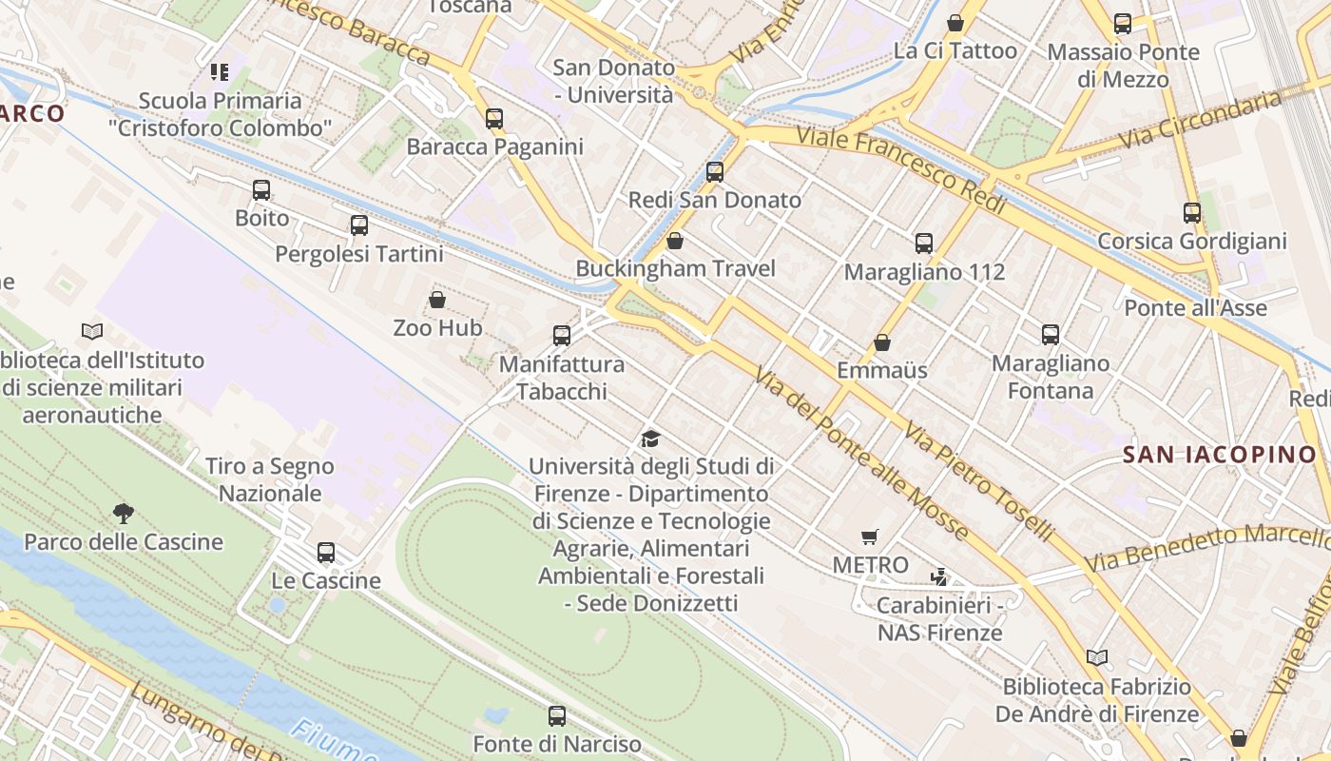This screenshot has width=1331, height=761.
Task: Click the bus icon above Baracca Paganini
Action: click(494, 119)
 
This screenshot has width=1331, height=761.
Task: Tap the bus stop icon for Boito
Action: click(261, 190)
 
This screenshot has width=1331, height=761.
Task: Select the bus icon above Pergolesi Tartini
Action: click(358, 225)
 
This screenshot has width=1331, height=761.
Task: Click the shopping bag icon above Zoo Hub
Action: click(437, 300)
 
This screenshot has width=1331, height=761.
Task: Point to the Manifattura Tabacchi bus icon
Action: click(562, 336)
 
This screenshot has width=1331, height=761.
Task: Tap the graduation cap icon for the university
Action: click(650, 439)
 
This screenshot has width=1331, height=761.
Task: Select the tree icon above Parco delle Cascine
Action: click(123, 514)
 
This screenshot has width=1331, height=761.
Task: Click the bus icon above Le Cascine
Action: click(326, 553)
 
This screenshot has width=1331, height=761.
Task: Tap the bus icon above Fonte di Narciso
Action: click(557, 716)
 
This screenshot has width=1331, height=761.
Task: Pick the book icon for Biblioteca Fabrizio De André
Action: click(1096, 657)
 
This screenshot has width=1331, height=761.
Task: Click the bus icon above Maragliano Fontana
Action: click(1051, 335)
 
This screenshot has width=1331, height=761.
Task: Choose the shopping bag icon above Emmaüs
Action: click(882, 342)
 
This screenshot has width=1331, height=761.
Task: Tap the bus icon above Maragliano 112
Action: click(924, 244)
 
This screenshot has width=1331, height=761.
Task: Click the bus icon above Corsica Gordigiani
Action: click(1192, 213)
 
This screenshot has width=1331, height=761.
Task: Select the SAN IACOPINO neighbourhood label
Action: click(1220, 455)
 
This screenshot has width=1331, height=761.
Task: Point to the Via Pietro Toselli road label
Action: click(979, 482)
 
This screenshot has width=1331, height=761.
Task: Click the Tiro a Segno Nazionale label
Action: click(270, 479)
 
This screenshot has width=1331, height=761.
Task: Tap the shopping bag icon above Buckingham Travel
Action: click(675, 241)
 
